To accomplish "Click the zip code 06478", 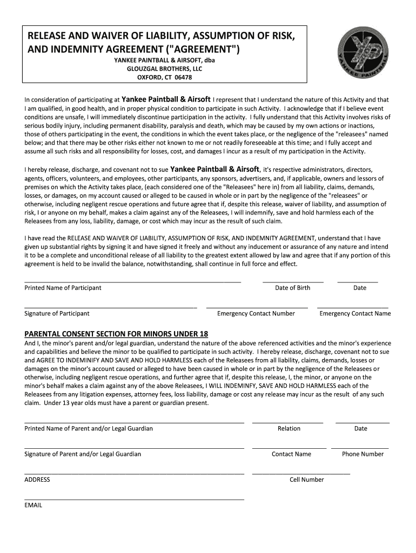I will click(181, 77).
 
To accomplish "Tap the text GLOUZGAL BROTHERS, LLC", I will click(164, 69).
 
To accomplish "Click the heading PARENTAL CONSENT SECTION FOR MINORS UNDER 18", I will click(116, 334).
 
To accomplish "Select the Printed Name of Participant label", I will click(63, 288).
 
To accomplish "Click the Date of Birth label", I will click(292, 288).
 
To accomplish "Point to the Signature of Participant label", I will click(57, 313).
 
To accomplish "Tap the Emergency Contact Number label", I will click(256, 313).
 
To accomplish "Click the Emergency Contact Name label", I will click(355, 313).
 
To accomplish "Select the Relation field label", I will click(288, 428).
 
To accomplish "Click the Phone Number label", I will click(363, 454).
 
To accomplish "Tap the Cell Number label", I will click(306, 480).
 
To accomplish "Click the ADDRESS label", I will click(37, 480).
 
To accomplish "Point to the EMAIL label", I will click(33, 505).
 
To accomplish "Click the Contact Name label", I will click(291, 454).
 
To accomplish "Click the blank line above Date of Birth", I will click(293, 282).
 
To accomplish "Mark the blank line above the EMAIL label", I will click(134, 500).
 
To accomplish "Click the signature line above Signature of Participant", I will click(111, 307).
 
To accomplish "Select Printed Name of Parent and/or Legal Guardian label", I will click(89, 428).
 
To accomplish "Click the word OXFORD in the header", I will click(149, 77).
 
